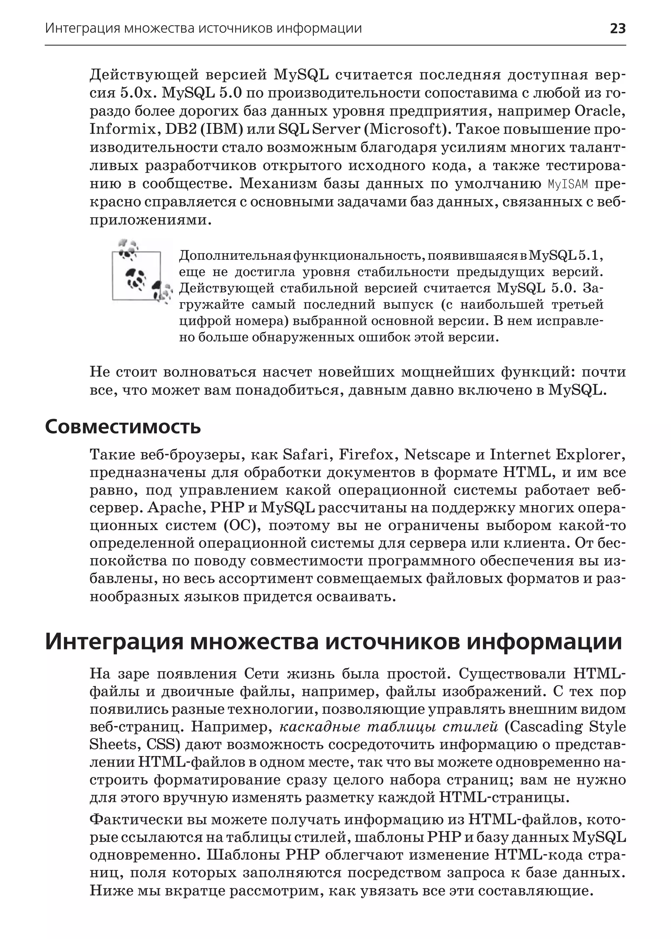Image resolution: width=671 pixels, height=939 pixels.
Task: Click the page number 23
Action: [x=618, y=28]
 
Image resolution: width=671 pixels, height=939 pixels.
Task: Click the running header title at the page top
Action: [x=203, y=28]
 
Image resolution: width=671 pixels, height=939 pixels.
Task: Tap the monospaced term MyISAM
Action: [x=568, y=184]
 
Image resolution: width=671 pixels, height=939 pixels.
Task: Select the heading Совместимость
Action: [x=123, y=427]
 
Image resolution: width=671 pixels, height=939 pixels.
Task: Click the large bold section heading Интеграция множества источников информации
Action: [x=333, y=642]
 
